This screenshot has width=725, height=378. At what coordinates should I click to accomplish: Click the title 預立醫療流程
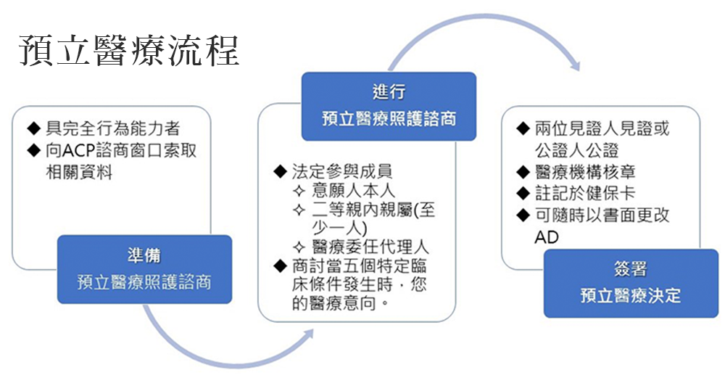(x=129, y=50)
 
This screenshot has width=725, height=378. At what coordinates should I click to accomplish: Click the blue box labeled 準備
(x=144, y=269)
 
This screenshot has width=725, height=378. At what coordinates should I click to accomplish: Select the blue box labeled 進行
(x=389, y=106)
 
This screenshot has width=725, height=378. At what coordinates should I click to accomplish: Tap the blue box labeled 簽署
(x=631, y=283)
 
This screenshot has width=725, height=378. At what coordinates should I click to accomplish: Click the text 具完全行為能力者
(x=112, y=128)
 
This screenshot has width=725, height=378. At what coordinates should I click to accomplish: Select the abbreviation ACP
(x=78, y=150)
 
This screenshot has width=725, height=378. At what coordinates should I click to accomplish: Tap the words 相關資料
(x=79, y=172)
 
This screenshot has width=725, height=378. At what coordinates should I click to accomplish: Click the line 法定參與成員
(x=342, y=171)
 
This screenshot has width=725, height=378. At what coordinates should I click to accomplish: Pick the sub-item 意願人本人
(x=353, y=190)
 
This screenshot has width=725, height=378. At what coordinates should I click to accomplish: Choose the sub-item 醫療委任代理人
(x=370, y=247)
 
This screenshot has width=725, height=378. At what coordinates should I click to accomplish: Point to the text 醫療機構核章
(x=585, y=172)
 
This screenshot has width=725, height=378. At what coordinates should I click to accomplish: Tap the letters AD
(x=547, y=237)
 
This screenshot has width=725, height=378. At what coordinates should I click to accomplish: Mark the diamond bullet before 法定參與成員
(x=281, y=172)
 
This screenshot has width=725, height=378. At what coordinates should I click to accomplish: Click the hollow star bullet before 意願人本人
(x=299, y=191)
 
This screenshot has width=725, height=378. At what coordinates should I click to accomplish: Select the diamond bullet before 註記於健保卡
(x=523, y=194)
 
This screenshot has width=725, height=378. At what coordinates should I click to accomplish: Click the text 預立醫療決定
(x=631, y=295)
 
